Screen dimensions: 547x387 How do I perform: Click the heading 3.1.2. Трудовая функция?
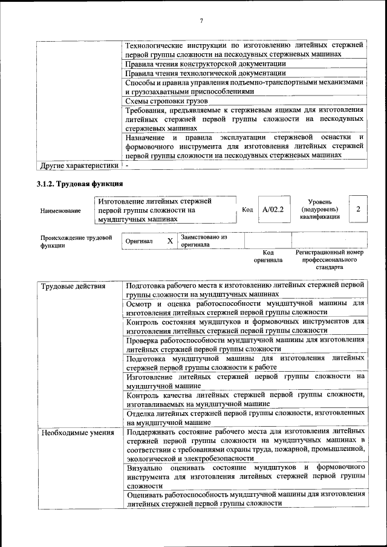point(80,183)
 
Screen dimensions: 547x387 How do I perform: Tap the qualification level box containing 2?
point(359,209)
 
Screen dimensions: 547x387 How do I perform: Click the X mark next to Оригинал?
point(170,241)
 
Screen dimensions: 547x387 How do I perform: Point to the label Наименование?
point(60,211)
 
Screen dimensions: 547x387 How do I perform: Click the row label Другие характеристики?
point(79,165)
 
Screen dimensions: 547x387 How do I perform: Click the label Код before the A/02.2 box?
point(247,210)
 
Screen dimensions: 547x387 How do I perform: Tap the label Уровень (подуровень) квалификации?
point(319,209)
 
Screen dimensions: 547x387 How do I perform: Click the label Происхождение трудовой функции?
point(76,241)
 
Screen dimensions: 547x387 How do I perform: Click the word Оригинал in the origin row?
point(139,241)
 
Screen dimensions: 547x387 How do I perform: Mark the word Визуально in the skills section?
point(145,468)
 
